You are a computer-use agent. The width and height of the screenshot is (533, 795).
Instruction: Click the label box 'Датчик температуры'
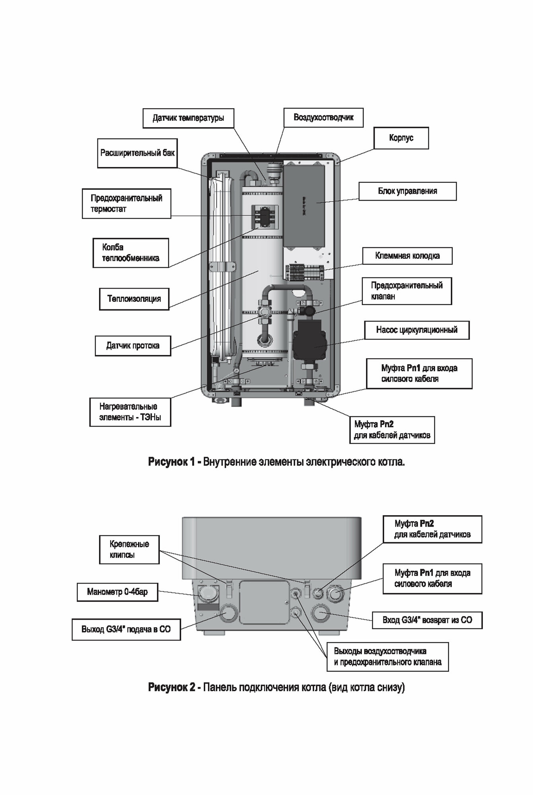(188, 118)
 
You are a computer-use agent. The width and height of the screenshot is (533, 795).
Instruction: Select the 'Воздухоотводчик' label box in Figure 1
(323, 117)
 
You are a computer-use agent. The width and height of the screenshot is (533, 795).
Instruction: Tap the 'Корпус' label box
(401, 138)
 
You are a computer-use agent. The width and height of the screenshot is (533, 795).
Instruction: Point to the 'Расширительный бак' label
(137, 153)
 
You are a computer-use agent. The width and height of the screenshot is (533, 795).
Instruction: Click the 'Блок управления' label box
(407, 191)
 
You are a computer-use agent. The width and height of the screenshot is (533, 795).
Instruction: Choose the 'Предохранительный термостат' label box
(126, 204)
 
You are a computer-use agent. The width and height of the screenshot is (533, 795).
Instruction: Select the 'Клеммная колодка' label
(407, 256)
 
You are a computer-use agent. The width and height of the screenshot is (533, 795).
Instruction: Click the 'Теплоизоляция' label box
(134, 299)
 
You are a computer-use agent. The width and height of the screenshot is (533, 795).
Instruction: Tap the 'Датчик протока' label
(133, 345)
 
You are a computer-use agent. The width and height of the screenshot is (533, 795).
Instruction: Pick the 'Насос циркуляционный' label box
(416, 330)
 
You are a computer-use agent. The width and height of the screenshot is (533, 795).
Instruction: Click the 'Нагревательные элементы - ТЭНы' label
(130, 412)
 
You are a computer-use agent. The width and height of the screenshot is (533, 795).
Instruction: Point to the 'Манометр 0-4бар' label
(117, 592)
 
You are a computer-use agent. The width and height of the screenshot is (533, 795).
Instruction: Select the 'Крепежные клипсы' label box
(129, 549)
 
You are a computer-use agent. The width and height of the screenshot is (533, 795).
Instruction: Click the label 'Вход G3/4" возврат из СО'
(427, 620)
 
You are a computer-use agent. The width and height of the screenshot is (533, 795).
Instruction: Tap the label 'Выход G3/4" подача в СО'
(126, 629)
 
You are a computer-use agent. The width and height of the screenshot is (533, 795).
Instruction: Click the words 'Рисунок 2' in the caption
(171, 687)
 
